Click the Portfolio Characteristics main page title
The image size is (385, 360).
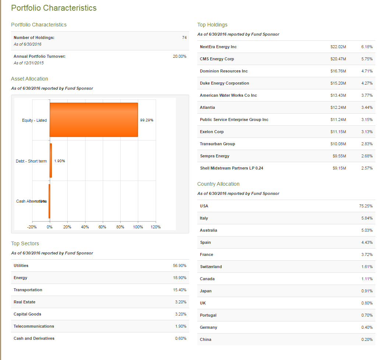(54, 8)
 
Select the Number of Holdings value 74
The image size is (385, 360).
(184, 38)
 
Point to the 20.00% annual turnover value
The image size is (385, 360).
(180, 56)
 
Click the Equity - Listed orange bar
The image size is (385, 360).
(93, 120)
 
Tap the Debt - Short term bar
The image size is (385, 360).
(51, 161)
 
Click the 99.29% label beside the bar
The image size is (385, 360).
(147, 120)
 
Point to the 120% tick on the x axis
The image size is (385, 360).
(155, 227)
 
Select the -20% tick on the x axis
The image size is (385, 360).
(32, 227)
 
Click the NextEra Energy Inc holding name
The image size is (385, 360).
(218, 47)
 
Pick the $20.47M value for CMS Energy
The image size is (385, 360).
(338, 59)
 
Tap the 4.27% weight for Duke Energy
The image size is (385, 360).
(367, 83)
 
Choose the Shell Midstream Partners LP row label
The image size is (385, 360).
(232, 168)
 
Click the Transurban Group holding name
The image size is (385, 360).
(217, 144)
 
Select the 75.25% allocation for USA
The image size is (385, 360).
(366, 206)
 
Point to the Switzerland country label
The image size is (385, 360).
(211, 267)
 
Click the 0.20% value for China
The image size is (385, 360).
(367, 339)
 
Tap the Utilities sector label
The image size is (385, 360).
(21, 265)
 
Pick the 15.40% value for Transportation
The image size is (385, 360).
(180, 290)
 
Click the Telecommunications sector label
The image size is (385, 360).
(34, 326)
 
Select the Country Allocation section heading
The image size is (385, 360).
(218, 184)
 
